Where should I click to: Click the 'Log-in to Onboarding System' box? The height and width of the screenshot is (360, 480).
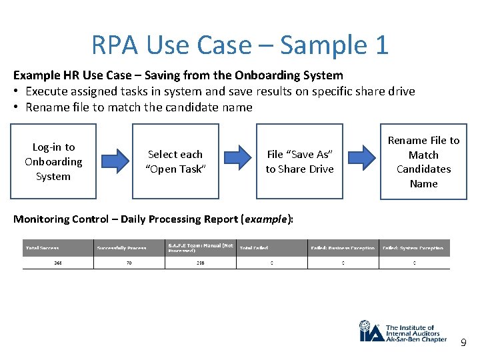(x=53, y=161)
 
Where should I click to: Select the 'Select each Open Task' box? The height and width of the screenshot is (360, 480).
(x=175, y=161)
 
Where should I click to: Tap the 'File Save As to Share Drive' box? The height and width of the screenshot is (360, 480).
(x=299, y=161)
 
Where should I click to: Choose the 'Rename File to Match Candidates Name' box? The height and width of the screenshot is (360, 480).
(x=423, y=161)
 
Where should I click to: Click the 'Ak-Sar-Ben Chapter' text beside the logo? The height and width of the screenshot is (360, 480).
(x=416, y=339)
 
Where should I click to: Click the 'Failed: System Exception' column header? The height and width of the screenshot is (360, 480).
(x=414, y=248)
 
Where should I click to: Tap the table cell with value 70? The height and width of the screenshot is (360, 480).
(x=129, y=263)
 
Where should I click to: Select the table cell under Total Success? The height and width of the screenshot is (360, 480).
(x=57, y=263)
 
